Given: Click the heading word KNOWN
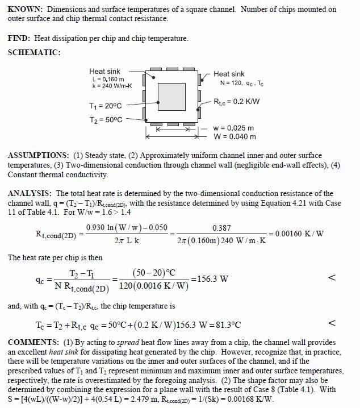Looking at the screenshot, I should pyautogui.click(x=25, y=10).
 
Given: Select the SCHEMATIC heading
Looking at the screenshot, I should pyautogui.click(x=34, y=52).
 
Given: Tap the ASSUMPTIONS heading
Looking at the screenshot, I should pyautogui.click(x=37, y=155).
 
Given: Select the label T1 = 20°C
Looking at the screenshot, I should pyautogui.click(x=106, y=106).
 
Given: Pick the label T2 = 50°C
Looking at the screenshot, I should pyautogui.click(x=106, y=120).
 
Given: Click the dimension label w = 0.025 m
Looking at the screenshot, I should pyautogui.click(x=234, y=128).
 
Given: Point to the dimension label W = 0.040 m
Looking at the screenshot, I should pyautogui.click(x=234, y=136).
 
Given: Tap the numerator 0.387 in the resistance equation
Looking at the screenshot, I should pyautogui.click(x=221, y=227).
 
